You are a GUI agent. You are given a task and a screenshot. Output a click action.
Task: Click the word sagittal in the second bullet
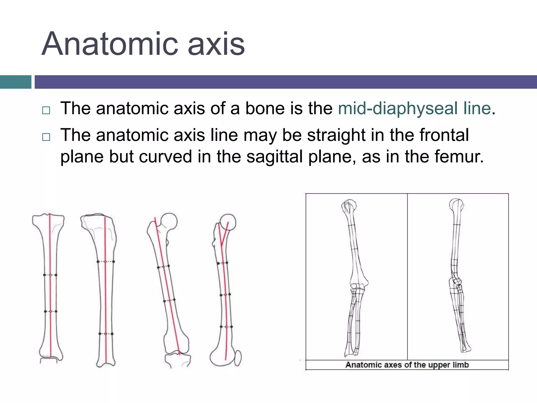[274, 157]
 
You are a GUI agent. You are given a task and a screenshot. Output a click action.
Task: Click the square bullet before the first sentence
[46, 110]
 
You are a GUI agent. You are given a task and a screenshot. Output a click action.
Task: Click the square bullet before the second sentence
[46, 137]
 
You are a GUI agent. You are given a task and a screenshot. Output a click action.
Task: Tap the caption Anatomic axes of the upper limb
[407, 365]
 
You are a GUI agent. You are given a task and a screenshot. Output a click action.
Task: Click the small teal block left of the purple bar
[15, 82]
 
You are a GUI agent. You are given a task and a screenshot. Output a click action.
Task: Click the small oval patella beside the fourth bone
[238, 358]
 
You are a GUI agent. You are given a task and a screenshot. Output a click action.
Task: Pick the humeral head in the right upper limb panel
[456, 205]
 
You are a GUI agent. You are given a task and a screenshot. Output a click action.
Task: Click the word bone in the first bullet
[265, 108]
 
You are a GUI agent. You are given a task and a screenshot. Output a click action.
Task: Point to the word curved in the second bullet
[165, 157]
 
